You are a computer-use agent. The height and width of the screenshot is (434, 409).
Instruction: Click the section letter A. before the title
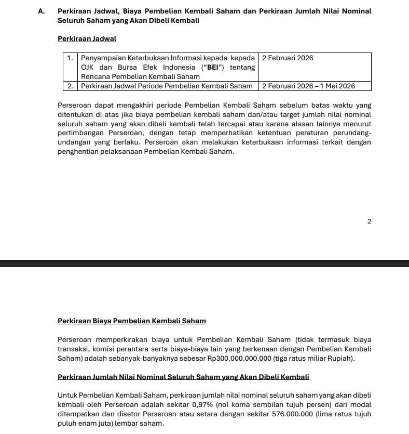(x=41, y=11)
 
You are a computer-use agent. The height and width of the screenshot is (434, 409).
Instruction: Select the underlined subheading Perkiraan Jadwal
(x=87, y=39)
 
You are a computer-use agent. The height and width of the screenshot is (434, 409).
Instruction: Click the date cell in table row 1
(x=288, y=58)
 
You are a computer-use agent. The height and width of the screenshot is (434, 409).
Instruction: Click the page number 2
(x=369, y=221)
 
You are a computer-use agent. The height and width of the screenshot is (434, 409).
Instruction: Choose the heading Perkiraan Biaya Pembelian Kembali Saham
(x=132, y=321)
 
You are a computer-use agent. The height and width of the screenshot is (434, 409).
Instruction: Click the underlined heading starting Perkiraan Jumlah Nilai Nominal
(x=183, y=376)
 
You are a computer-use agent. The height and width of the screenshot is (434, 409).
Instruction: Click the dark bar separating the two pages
(x=204, y=264)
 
